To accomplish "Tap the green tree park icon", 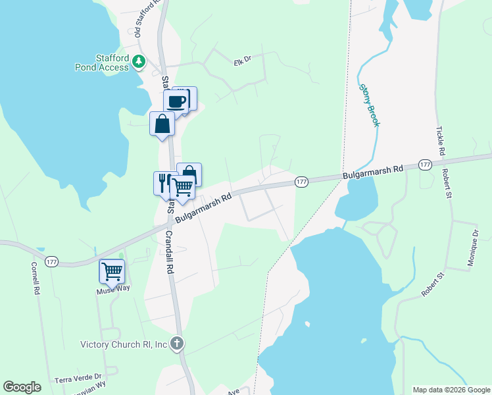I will click(x=138, y=61).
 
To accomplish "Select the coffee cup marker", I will click(x=176, y=102).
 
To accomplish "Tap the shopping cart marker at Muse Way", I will click(x=112, y=271).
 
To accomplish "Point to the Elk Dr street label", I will click(x=243, y=61).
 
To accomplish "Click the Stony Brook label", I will click(x=368, y=105).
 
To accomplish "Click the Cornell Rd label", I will click(x=35, y=279).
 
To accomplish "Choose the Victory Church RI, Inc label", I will click(x=124, y=344).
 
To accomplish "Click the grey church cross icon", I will click(x=176, y=343).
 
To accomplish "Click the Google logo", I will click(x=22, y=387).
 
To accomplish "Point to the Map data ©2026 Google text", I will click(x=451, y=390).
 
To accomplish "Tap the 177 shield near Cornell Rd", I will click(x=52, y=262).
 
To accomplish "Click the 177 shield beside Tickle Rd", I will click(x=424, y=165).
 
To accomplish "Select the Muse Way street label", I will click(x=109, y=290).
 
